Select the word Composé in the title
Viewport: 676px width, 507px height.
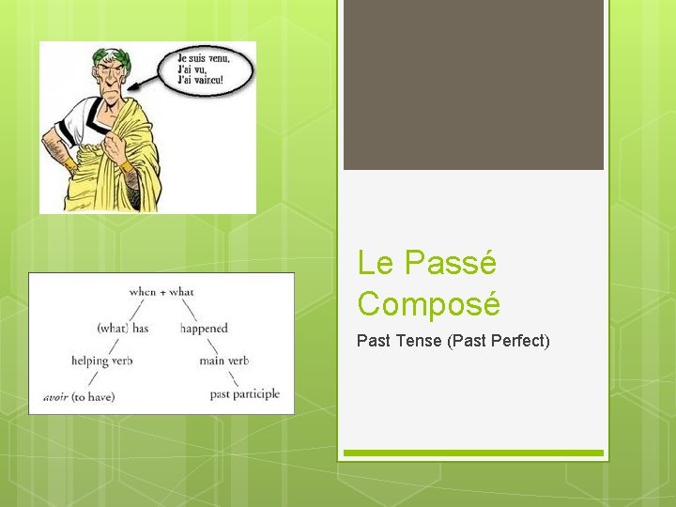[429, 304]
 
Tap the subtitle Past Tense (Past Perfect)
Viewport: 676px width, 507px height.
[453, 340]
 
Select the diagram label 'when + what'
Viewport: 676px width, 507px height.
[161, 292]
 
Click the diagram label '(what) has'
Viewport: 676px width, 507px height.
[123, 328]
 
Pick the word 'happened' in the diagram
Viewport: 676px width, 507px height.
[204, 328]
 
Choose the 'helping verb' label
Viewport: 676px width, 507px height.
[101, 361]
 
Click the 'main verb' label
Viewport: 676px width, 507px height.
[223, 361]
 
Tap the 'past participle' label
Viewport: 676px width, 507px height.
[245, 394]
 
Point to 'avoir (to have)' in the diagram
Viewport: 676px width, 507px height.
[79, 396]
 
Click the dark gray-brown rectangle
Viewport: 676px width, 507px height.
[473, 84]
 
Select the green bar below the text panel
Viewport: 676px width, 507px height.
[473, 453]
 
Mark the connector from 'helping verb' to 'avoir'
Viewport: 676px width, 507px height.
[92, 377]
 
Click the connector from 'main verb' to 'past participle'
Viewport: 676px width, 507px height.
[231, 377]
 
